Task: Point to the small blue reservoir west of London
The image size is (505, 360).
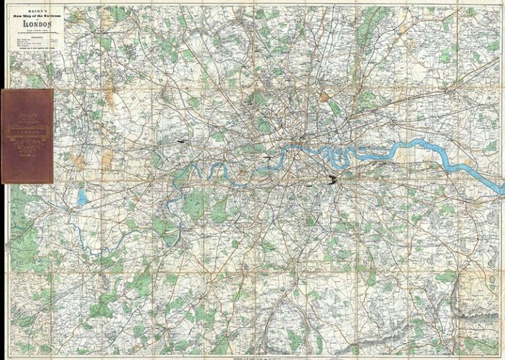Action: pos(81,196)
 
